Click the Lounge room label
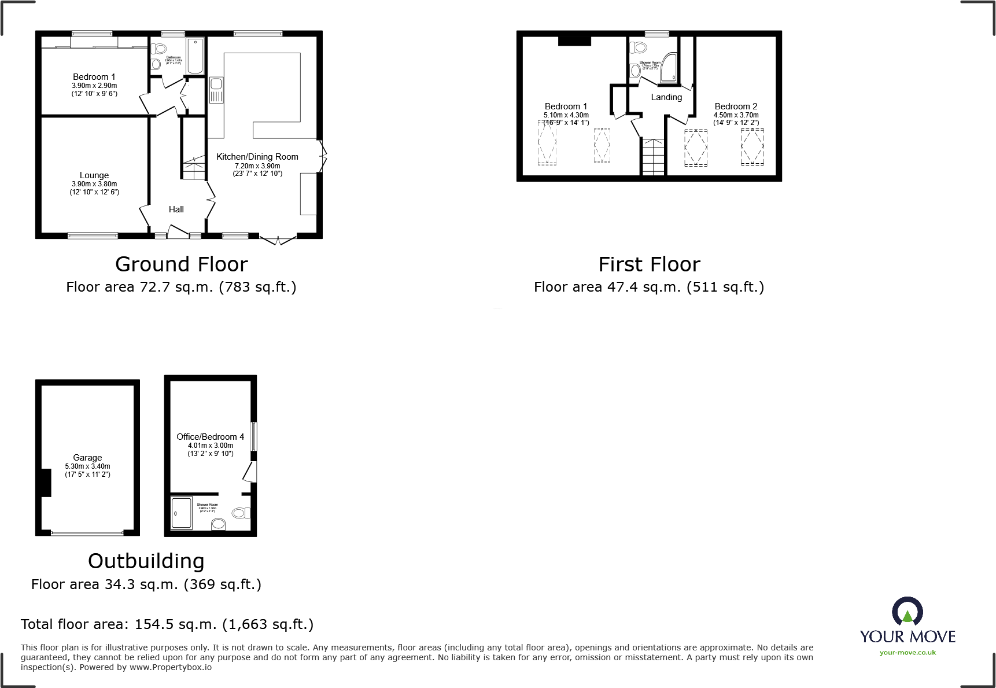pos(94,175)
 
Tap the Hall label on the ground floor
pos(176,209)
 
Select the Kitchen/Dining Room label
pos(257,157)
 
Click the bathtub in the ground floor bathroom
pos(195,56)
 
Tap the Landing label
pos(666,97)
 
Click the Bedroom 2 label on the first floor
pos(736,106)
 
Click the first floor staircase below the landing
pos(653,157)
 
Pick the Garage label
pos(87,458)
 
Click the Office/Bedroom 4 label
pos(210,437)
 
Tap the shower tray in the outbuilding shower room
pos(182,513)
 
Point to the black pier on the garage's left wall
pos(45,483)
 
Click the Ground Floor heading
pos(181,264)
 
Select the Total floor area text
pos(167,624)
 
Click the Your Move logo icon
pos(907,612)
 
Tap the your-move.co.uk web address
pos(908,653)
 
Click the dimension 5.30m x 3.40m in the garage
pos(87,466)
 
